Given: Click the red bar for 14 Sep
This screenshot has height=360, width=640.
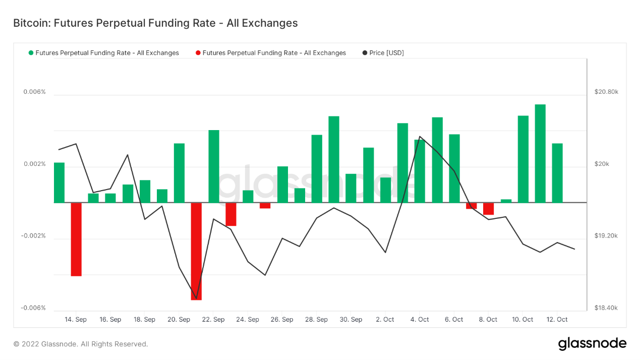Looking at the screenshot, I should click(x=76, y=239).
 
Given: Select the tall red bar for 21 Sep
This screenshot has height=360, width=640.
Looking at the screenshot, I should click(x=196, y=251).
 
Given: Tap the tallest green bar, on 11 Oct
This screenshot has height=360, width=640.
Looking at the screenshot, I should click(x=540, y=154).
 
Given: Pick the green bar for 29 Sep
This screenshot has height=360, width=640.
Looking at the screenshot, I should click(x=334, y=159).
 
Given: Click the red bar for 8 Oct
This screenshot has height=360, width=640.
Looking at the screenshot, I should click(x=488, y=208).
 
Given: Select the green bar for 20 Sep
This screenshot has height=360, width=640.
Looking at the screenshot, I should click(x=179, y=173).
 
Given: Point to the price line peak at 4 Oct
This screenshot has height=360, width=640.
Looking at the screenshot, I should click(x=420, y=137).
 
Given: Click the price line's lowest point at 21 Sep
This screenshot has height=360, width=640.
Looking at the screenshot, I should click(x=196, y=298).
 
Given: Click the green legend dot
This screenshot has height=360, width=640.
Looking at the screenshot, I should click(x=31, y=53).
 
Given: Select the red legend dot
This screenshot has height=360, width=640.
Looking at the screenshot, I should click(x=198, y=53).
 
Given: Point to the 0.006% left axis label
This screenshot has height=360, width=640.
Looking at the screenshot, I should click(x=34, y=92).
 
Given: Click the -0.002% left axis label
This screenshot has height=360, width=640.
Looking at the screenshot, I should click(x=33, y=236).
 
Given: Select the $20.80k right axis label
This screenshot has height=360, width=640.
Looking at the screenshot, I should click(x=606, y=92).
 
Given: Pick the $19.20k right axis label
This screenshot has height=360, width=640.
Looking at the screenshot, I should click(x=606, y=236).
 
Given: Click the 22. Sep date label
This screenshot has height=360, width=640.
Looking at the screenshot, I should click(x=213, y=320).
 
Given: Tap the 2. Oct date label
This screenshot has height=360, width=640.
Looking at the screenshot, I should click(x=385, y=320).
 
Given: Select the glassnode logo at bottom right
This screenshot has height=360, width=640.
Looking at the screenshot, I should click(x=592, y=344).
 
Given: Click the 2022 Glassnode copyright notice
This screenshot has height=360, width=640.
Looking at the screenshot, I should click(x=81, y=344).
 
